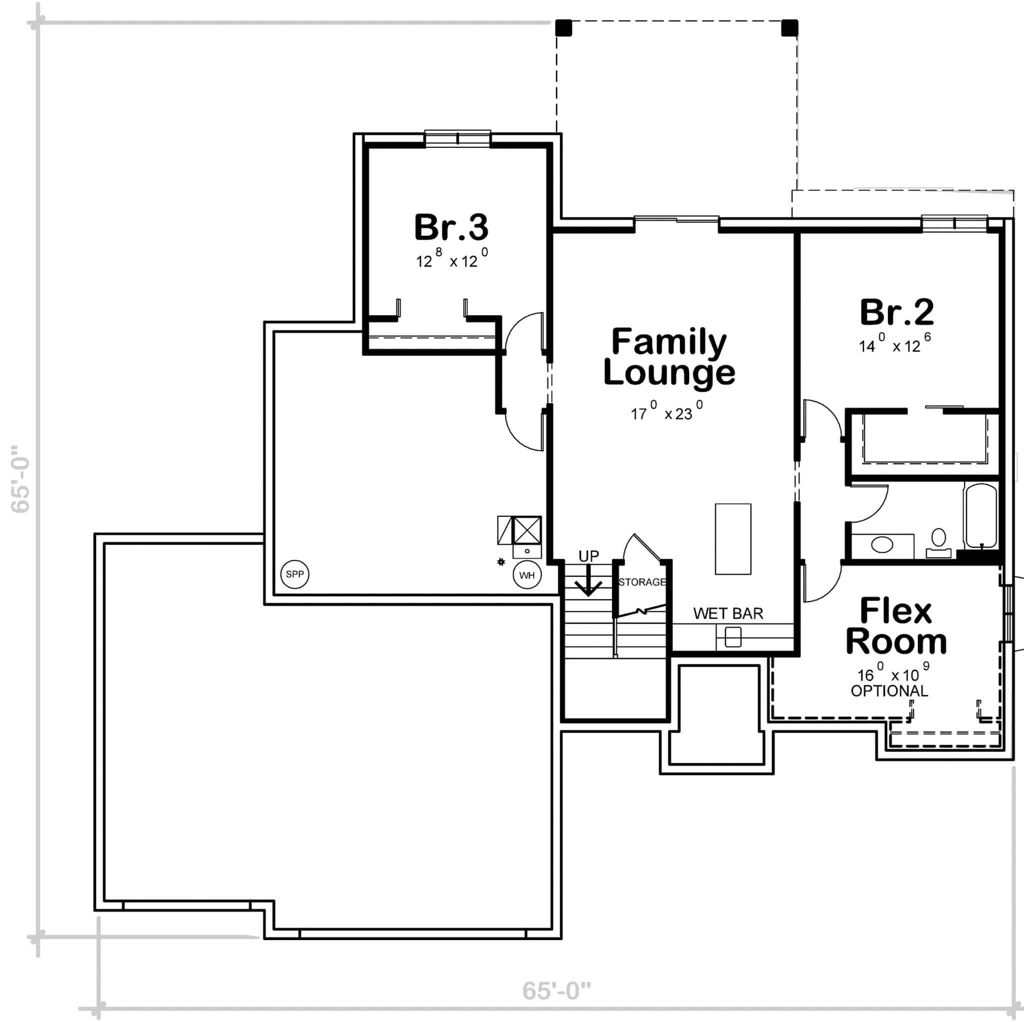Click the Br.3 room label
click(451, 227)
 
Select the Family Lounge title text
click(669, 356)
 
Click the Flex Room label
click(895, 626)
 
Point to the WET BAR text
click(727, 614)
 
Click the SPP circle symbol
click(294, 574)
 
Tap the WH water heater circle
click(527, 575)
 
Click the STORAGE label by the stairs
click(642, 582)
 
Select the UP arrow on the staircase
click(588, 585)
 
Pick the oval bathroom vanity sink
click(882, 544)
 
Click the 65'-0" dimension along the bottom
click(556, 990)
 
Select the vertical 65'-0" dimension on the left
click(20, 478)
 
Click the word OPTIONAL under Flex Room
click(889, 691)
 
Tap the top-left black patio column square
click(563, 27)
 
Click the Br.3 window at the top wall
click(458, 138)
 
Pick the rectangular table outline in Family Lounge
click(732, 539)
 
